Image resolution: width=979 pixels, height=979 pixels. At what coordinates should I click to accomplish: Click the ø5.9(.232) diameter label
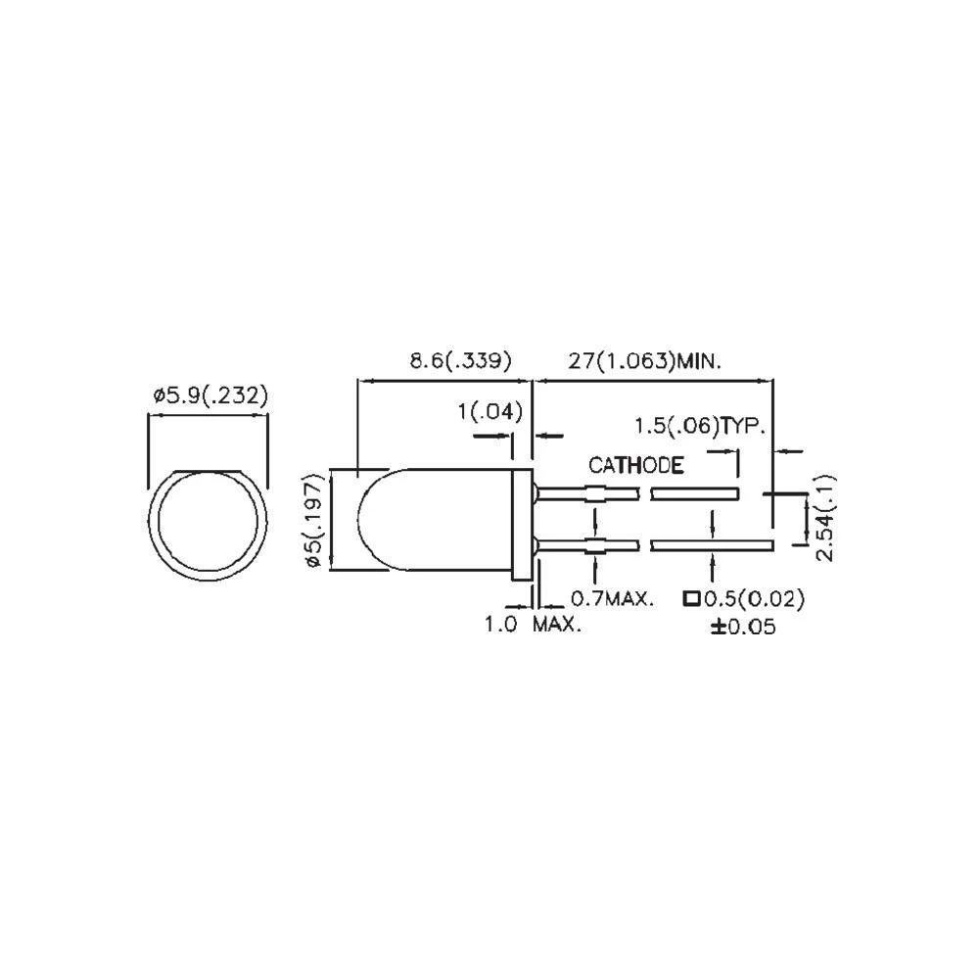(210, 396)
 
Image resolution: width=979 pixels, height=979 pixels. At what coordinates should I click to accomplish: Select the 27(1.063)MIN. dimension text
(645, 361)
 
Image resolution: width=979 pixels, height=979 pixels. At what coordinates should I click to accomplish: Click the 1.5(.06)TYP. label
(699, 426)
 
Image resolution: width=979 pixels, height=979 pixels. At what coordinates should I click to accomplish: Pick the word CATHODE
(635, 465)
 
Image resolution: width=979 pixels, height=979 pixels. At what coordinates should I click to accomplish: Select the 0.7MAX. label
(612, 597)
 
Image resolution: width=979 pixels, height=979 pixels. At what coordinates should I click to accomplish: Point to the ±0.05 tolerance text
(743, 627)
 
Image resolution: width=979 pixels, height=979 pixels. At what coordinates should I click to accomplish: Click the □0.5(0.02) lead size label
(743, 597)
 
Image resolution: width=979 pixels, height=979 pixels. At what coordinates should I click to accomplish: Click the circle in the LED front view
(208, 524)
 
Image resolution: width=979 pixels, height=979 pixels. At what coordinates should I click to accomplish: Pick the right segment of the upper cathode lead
(694, 493)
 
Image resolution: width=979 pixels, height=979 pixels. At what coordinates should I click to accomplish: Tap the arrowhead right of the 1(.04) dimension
(550, 435)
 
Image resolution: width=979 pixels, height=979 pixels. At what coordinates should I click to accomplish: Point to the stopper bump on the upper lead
(594, 493)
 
